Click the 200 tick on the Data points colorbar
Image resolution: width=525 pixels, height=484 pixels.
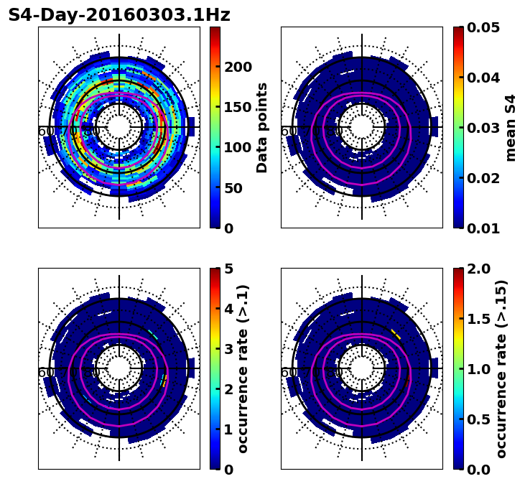click(238, 67)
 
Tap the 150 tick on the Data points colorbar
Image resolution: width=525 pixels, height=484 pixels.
click(238, 107)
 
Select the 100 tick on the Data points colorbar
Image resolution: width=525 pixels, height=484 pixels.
click(238, 148)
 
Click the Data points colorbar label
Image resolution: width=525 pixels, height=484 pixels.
click(262, 128)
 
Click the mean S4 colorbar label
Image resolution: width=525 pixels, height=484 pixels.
click(511, 128)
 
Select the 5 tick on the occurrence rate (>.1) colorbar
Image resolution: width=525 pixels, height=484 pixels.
click(229, 269)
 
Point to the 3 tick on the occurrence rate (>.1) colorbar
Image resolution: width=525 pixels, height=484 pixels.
click(229, 349)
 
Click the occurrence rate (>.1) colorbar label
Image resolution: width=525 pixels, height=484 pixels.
click(243, 369)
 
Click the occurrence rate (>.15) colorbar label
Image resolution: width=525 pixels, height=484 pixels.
click(501, 369)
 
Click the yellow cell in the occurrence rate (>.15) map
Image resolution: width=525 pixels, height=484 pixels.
click(396, 332)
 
